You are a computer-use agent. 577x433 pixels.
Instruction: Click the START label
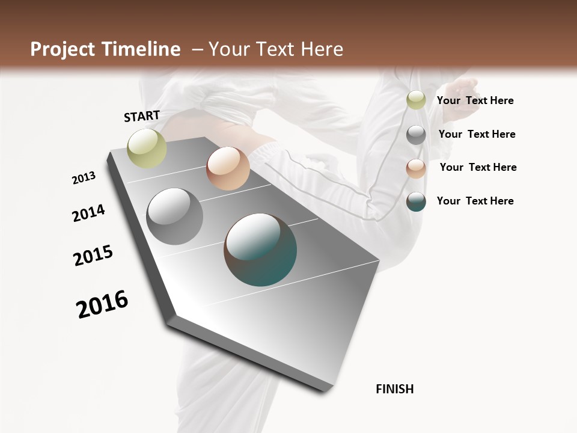click(142, 116)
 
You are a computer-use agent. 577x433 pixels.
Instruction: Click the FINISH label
click(395, 389)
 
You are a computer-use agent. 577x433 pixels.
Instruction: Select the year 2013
click(84, 178)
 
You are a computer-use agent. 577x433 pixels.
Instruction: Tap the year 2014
click(88, 213)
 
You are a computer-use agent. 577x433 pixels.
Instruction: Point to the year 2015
click(93, 256)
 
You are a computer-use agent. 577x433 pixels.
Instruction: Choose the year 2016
click(102, 304)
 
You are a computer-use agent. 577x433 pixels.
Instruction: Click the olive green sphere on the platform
click(147, 148)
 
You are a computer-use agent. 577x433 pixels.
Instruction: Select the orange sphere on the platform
click(228, 168)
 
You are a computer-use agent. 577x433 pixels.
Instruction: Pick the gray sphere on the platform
click(175, 216)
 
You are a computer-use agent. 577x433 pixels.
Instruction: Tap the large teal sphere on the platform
click(260, 250)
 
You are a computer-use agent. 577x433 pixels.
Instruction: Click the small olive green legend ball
click(416, 100)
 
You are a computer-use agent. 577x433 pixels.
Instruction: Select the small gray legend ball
click(416, 135)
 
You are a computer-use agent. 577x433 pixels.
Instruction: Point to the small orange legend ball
click(416, 168)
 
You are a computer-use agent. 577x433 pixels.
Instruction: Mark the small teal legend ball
click(416, 201)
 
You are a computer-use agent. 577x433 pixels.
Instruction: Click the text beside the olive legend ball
click(475, 100)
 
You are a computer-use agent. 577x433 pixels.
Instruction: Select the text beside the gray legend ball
click(477, 134)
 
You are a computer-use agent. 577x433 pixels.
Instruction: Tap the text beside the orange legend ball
click(478, 167)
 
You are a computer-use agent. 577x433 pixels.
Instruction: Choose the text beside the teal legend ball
click(475, 201)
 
